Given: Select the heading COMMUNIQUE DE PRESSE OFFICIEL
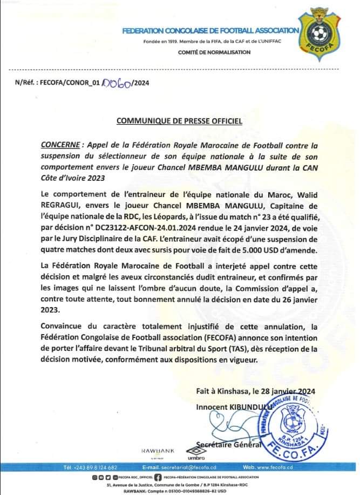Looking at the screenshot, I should click(180, 121).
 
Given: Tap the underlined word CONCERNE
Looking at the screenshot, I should click(59, 146).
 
